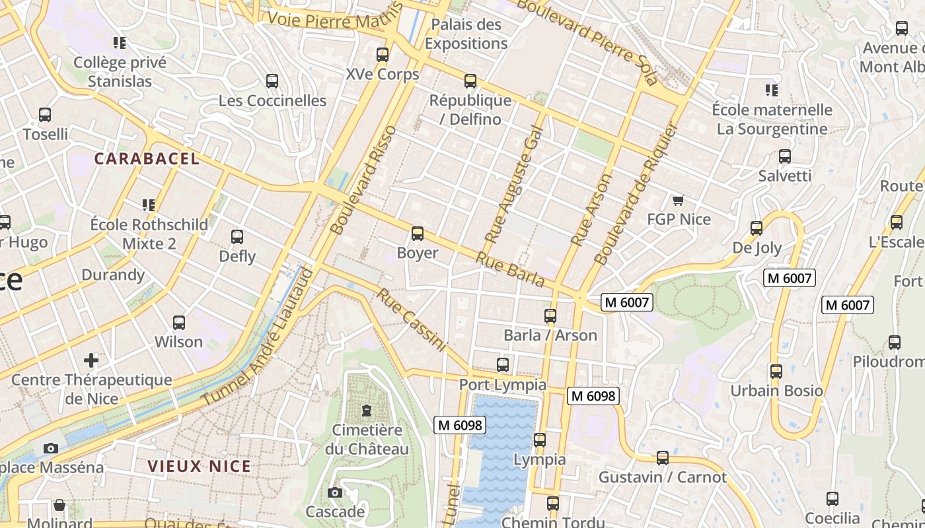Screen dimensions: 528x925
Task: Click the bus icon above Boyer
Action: [x=418, y=234]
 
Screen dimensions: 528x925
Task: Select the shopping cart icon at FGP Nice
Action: [x=678, y=200]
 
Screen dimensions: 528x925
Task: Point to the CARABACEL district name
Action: [x=147, y=158]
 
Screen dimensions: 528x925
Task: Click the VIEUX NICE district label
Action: [x=200, y=466]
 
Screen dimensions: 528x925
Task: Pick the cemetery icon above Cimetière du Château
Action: [x=366, y=411]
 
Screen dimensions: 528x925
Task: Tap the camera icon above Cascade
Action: [x=335, y=492]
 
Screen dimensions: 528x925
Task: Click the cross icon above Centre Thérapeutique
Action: [x=91, y=360]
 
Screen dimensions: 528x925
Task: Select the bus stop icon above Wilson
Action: [x=179, y=323]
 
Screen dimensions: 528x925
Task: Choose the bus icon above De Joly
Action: [x=757, y=228]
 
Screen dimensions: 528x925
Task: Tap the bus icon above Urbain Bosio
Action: [x=776, y=372]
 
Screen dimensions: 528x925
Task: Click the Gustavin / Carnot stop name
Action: [x=662, y=477]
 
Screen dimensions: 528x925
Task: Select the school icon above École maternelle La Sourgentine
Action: [x=771, y=90]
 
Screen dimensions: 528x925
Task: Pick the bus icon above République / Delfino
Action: [x=470, y=81]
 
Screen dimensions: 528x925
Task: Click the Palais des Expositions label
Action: [x=466, y=34]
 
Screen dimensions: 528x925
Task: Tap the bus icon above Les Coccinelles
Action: [x=272, y=81]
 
